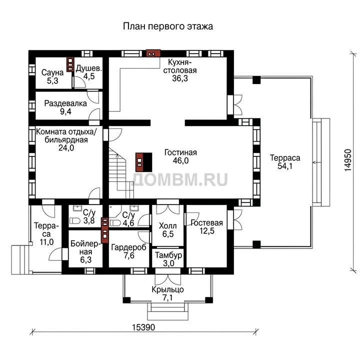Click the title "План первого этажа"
click(168, 26)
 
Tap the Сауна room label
click(52, 72)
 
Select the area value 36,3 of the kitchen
click(180, 78)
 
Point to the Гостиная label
click(180, 152)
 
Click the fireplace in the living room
click(143, 162)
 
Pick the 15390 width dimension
click(143, 327)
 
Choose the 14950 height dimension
click(348, 160)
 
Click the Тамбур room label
click(168, 255)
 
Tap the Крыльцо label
click(168, 289)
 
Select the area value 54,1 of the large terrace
click(285, 166)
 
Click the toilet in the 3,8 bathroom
click(75, 221)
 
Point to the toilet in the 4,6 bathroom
click(115, 223)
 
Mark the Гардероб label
click(129, 247)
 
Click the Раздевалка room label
click(65, 103)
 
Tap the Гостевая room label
click(207, 222)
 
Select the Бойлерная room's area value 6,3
click(86, 259)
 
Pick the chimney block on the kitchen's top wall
click(153, 53)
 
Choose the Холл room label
click(168, 226)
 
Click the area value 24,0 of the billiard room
click(66, 148)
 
